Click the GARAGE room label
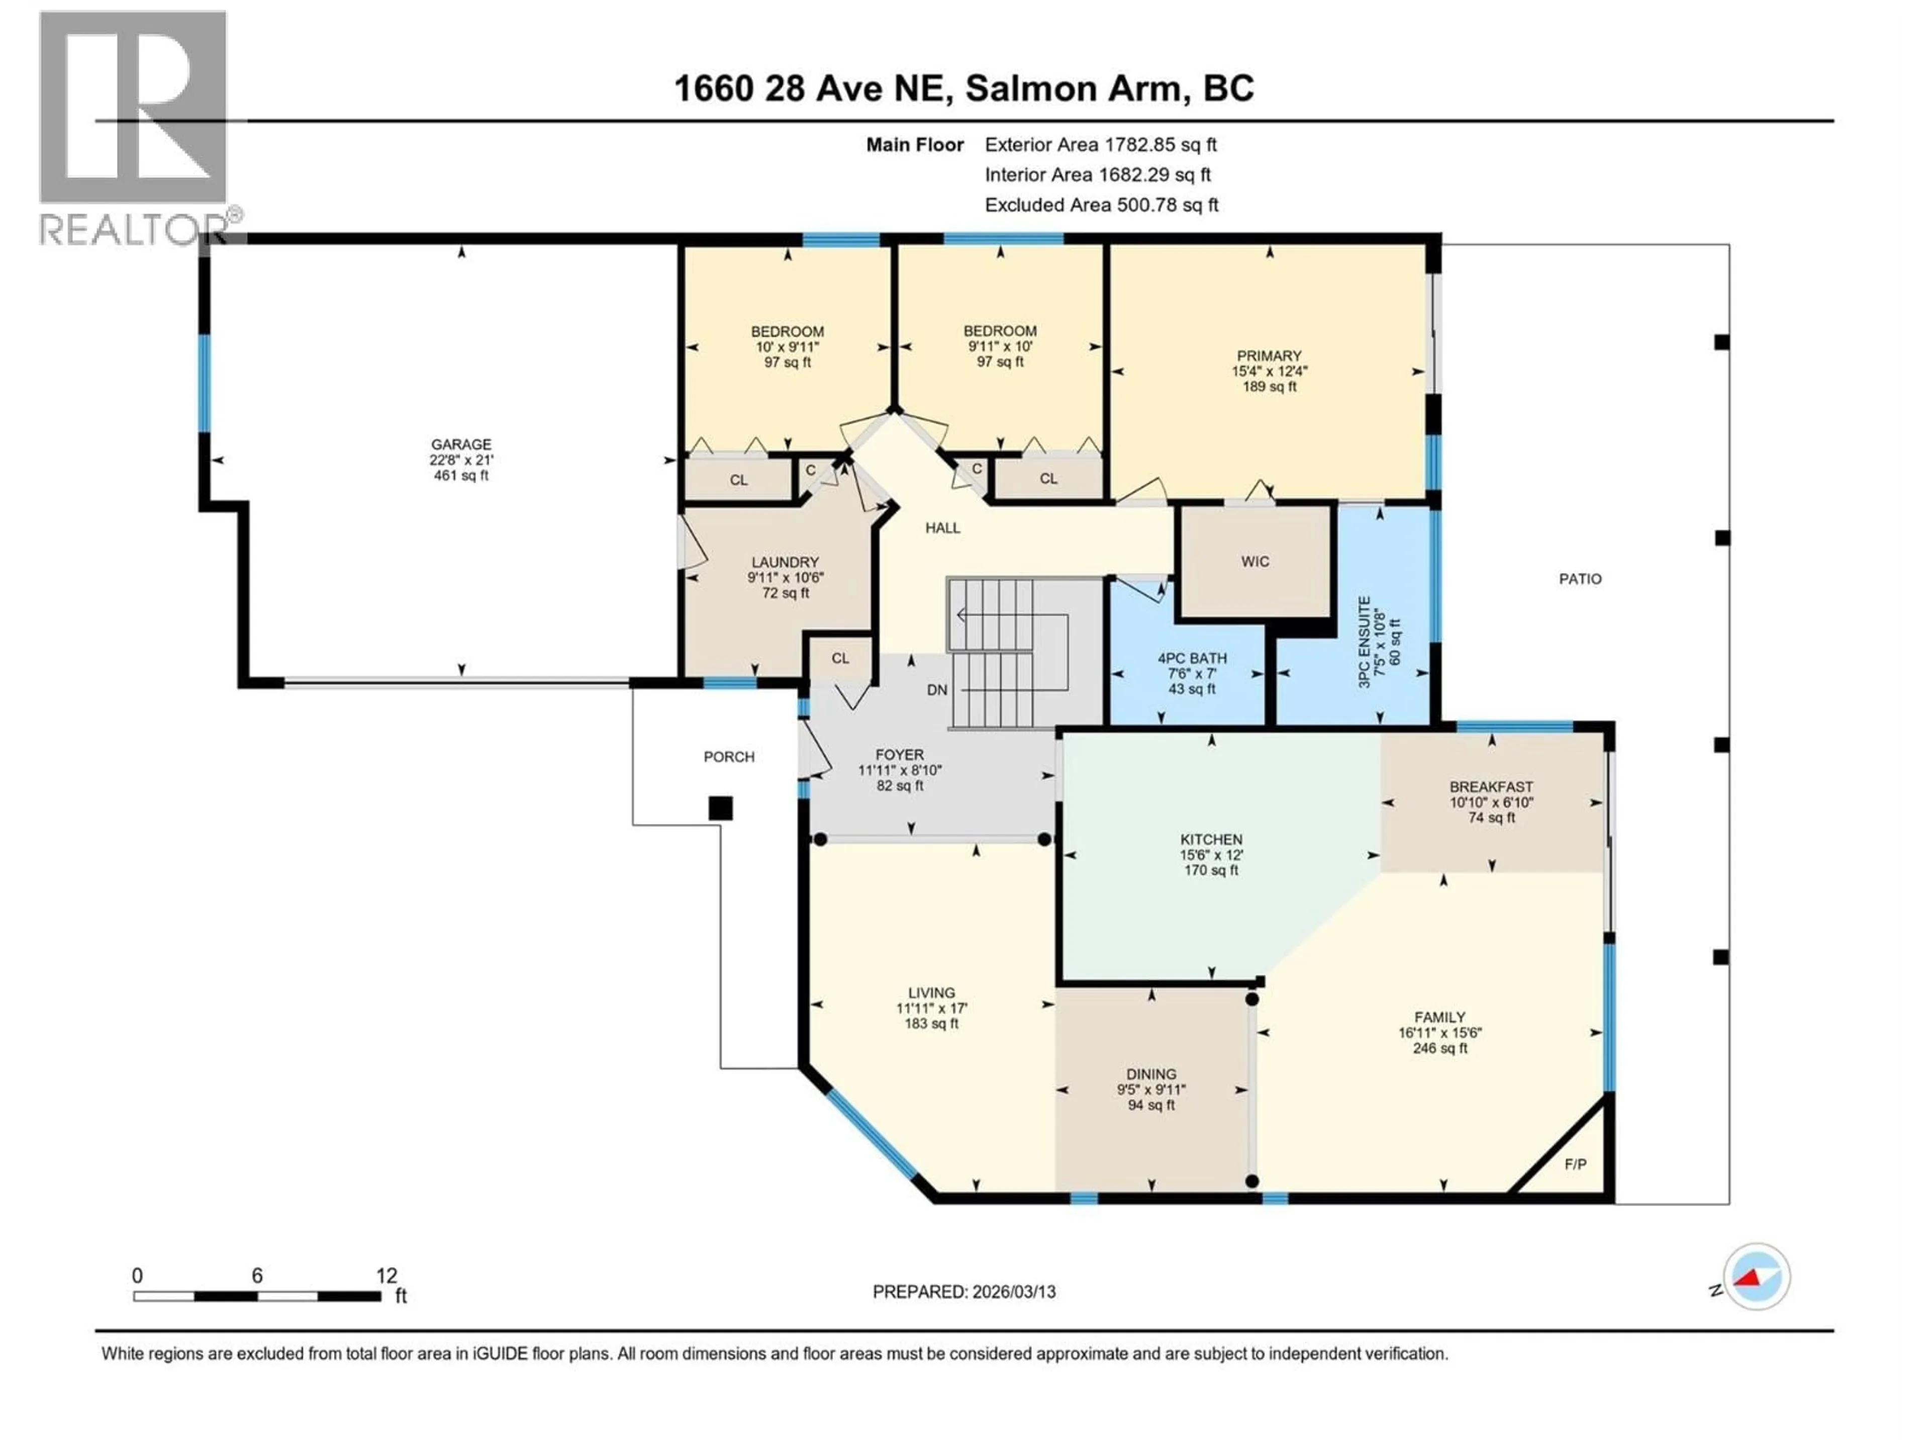(x=461, y=444)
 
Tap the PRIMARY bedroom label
(x=1269, y=355)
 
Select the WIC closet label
(x=1254, y=561)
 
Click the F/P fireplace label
(x=1575, y=1164)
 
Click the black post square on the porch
(x=720, y=808)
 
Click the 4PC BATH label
(x=1192, y=658)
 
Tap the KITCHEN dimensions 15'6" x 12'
(x=1211, y=855)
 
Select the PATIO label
(x=1580, y=579)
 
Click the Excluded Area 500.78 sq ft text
(x=1101, y=205)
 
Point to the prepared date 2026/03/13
(x=964, y=1292)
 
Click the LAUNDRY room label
(x=785, y=562)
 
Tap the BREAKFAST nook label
(x=1491, y=786)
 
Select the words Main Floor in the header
(x=914, y=145)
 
